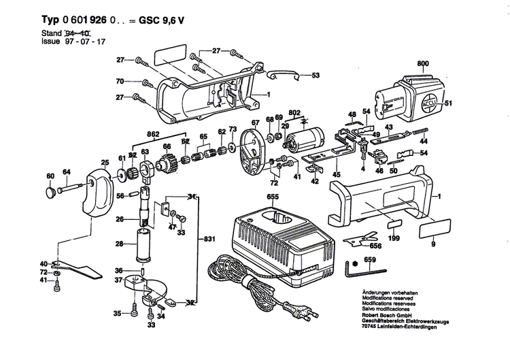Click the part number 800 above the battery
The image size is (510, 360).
tap(423, 63)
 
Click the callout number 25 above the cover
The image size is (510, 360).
tap(105, 162)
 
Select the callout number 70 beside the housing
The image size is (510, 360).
tap(119, 82)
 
